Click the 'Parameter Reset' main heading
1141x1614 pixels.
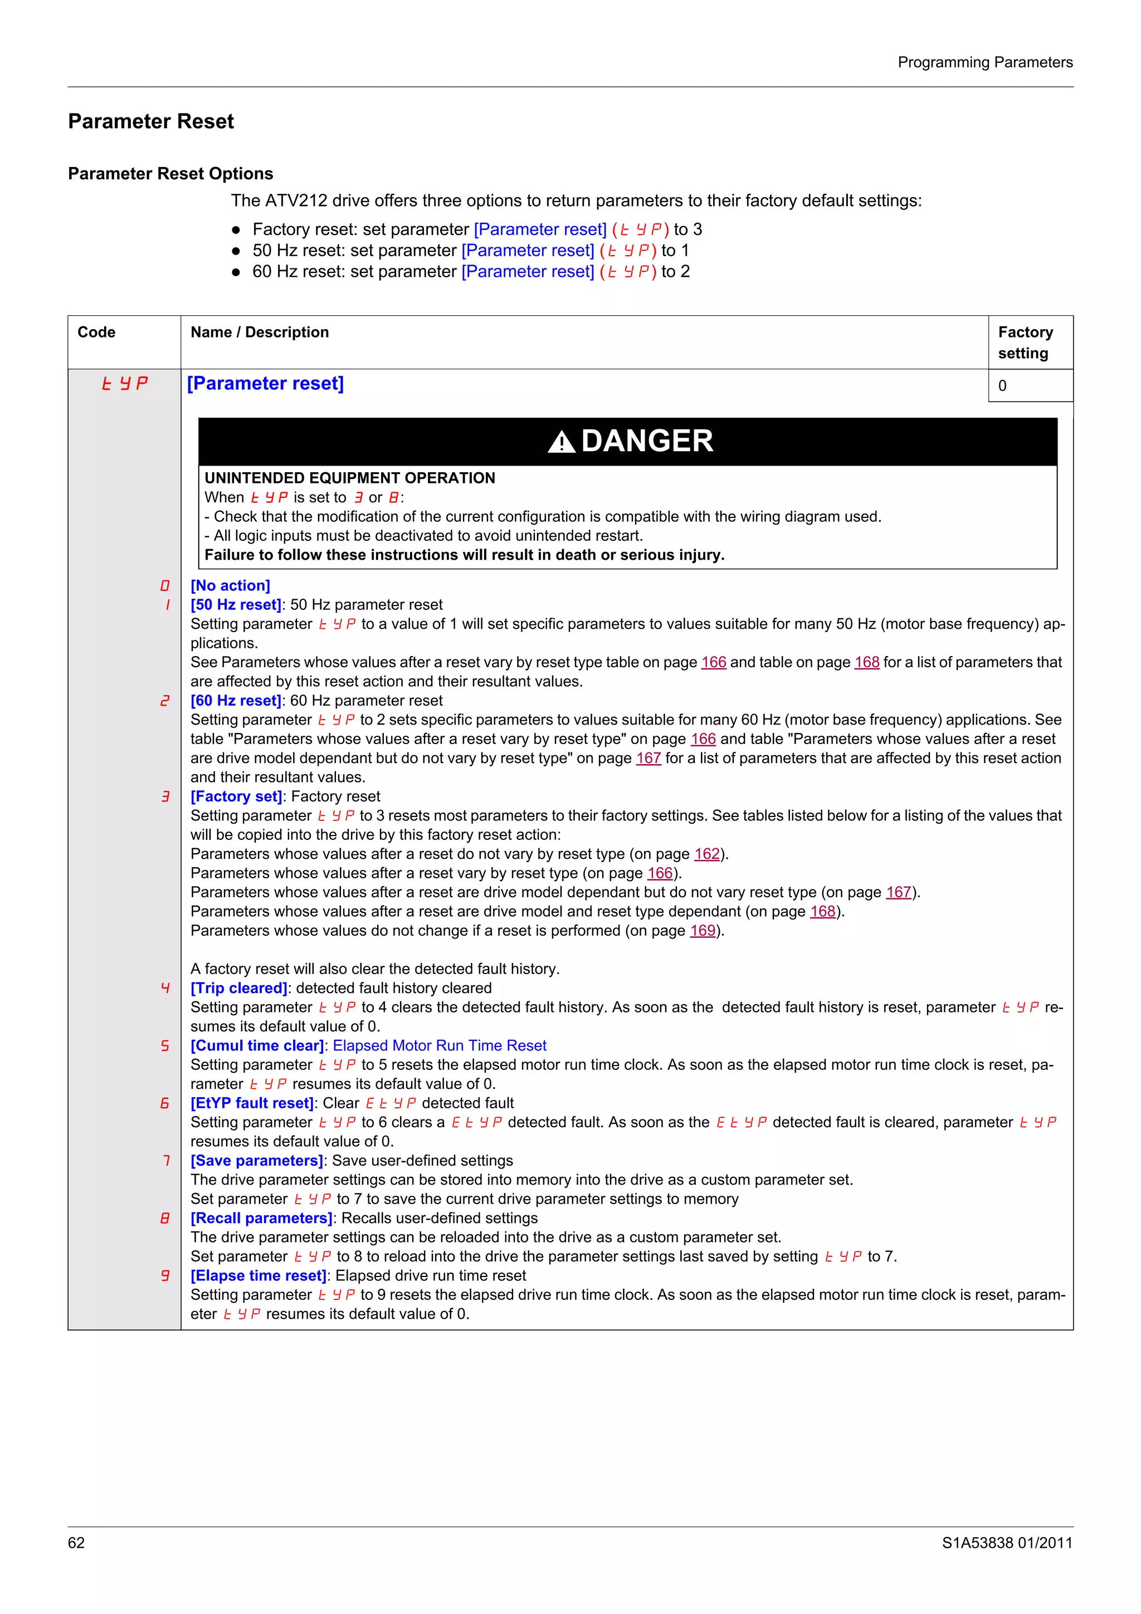(x=150, y=121)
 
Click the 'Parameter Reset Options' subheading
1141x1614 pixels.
(x=170, y=174)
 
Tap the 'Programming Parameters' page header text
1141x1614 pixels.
(x=984, y=62)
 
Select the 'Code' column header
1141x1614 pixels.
(x=96, y=332)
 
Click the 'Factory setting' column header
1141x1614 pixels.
(x=1025, y=343)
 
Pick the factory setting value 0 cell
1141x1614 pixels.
(x=1002, y=386)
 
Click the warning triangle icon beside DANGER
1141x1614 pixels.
(x=561, y=442)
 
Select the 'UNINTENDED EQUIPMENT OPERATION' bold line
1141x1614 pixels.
(x=349, y=478)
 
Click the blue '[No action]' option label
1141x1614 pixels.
(x=230, y=585)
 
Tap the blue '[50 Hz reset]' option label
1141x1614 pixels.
(x=236, y=604)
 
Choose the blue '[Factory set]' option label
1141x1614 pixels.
(x=236, y=796)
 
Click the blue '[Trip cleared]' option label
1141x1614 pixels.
(x=239, y=989)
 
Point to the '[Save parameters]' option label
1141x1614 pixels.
(x=257, y=1161)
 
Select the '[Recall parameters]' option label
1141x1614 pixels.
(x=261, y=1218)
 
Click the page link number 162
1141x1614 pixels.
(x=706, y=854)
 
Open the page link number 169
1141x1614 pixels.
(x=703, y=931)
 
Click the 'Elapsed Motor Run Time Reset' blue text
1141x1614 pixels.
(x=440, y=1046)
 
